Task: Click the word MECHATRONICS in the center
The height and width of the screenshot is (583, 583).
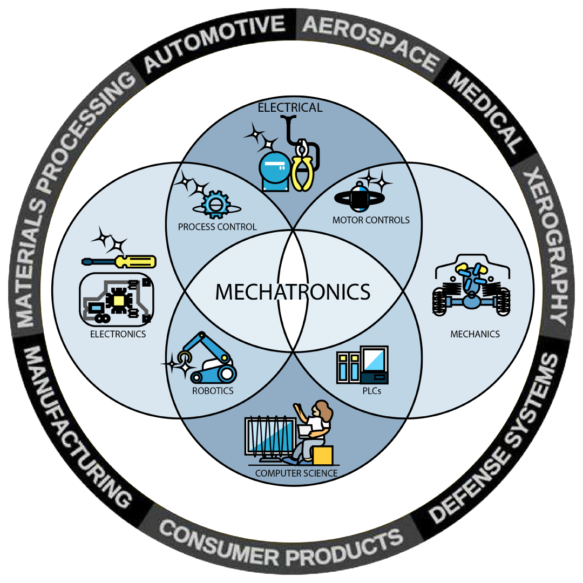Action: tap(293, 292)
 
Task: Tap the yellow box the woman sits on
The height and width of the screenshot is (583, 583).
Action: tap(322, 454)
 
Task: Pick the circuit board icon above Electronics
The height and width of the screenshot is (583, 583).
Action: tap(116, 299)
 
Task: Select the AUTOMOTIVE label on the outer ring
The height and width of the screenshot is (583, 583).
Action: tap(214, 44)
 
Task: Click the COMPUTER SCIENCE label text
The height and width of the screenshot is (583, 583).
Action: tap(296, 473)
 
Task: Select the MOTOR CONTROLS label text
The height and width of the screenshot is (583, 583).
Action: tap(371, 220)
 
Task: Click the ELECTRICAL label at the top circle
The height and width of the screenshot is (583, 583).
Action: tap(290, 107)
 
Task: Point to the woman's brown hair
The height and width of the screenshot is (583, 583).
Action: tap(324, 410)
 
